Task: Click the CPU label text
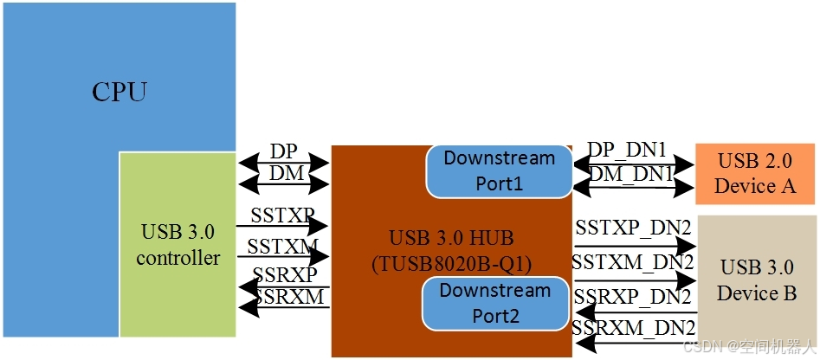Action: coord(119,92)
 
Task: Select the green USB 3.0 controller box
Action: coord(178,245)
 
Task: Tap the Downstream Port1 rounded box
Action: coord(499,171)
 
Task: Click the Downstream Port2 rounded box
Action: coord(495,303)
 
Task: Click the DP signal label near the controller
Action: coord(283,151)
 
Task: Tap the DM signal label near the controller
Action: coord(286,173)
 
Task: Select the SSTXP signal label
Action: coord(282,214)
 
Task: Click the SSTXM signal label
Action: coord(282,247)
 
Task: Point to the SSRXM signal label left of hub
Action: coord(289,298)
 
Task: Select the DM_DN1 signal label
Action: coord(632,174)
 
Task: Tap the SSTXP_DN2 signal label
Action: coord(633,228)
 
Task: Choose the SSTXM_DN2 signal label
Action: coord(633,260)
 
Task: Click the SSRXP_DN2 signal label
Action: coord(633,297)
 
